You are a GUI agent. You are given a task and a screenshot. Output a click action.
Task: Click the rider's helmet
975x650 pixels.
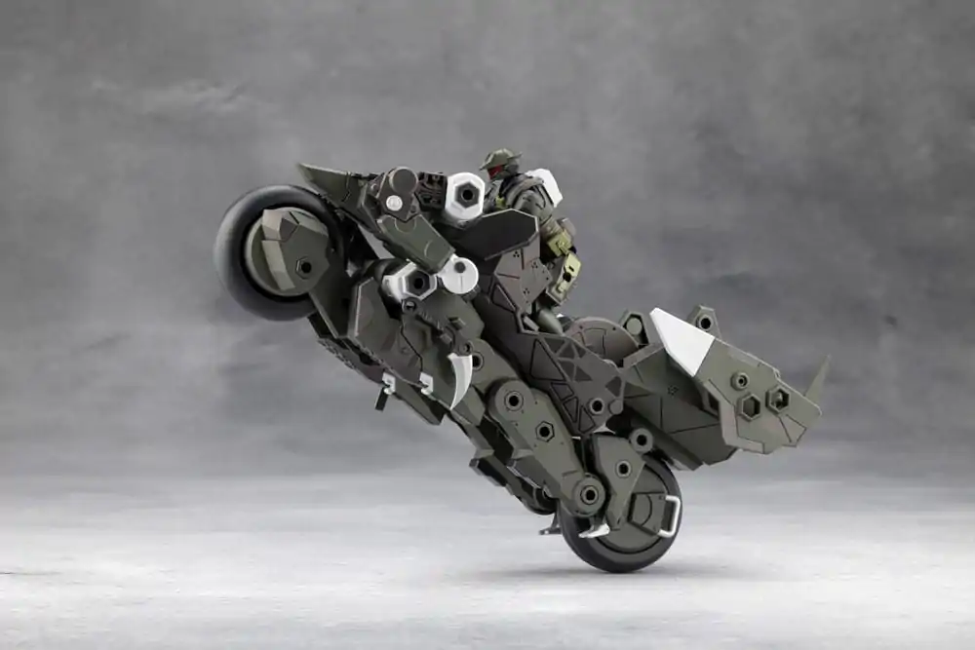tap(500, 159)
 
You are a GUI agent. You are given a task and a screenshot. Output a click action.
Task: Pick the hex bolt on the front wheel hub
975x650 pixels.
tap(305, 266)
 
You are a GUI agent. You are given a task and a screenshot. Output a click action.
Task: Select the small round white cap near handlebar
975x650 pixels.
tap(393, 203)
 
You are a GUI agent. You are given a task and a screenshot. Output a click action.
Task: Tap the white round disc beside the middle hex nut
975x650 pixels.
tap(459, 275)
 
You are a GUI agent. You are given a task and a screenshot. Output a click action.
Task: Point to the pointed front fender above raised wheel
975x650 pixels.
tap(322, 180)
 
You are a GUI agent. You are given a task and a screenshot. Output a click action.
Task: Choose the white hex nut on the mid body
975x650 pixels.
tap(414, 283)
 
